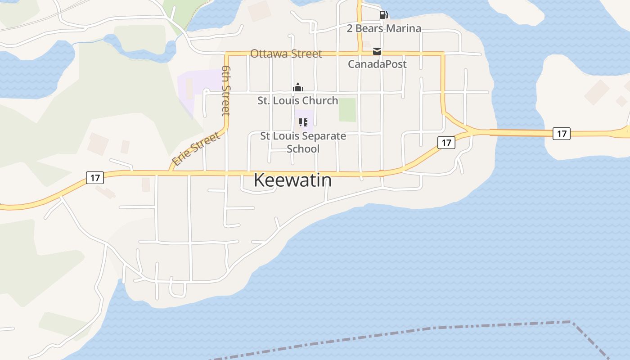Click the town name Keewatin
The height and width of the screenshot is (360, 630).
point(292,180)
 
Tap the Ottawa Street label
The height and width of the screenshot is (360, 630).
point(286,54)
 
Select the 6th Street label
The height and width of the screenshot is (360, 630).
point(226,90)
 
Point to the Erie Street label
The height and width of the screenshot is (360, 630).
point(197,148)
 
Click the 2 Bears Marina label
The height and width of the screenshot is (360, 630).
point(384,28)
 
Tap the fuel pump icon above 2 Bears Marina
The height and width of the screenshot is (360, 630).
point(383,15)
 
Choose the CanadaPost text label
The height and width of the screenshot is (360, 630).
point(377,64)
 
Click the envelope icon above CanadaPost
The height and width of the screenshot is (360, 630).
point(377,52)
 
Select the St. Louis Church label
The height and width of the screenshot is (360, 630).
point(297,100)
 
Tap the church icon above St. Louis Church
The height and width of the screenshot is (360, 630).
point(297,87)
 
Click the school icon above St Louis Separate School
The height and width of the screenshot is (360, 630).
point(303,122)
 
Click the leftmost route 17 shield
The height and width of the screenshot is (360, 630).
point(95,178)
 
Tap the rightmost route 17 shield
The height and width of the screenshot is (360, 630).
point(562,134)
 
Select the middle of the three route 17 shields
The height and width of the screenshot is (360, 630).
point(446,143)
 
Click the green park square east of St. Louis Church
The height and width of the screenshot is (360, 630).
point(347,110)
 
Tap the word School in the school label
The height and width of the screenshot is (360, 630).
point(303,148)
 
